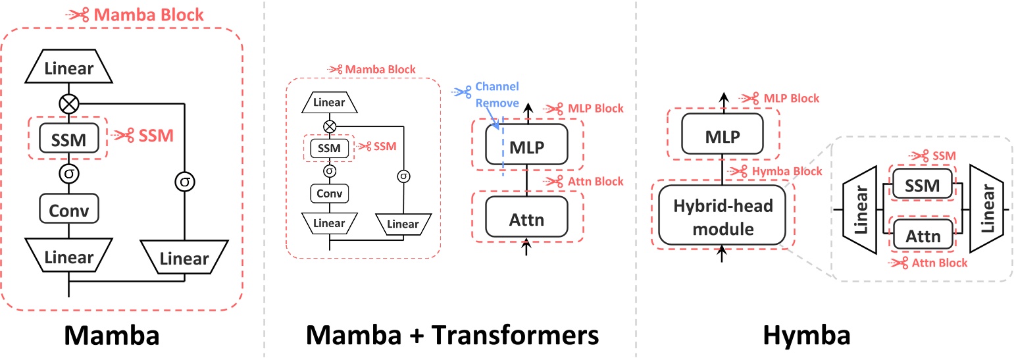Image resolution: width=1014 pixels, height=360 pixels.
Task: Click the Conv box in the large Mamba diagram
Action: pos(68,210)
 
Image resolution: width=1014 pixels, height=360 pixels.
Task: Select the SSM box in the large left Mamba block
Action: pos(68,138)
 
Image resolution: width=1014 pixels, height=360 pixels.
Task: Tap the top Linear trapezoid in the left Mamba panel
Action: pos(68,68)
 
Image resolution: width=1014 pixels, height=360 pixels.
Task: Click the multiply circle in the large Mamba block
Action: pos(68,103)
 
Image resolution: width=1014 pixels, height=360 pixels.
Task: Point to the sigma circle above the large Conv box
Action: pos(68,174)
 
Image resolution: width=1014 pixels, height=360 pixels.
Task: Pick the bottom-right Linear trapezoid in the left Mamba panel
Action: pos(184,258)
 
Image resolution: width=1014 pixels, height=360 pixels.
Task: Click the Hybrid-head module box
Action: pos(722,217)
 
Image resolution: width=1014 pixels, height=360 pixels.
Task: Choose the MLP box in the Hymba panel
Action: pos(722,137)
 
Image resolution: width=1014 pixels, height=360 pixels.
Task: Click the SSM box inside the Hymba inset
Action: pos(922,186)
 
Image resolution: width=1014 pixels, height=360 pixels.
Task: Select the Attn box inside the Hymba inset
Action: pos(922,236)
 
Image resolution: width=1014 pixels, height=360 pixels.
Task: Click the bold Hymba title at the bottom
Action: pos(806,336)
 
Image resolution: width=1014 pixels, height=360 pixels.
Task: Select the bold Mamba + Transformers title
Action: pos(453,336)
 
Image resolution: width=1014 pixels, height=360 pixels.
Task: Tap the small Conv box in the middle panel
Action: pos(329,193)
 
